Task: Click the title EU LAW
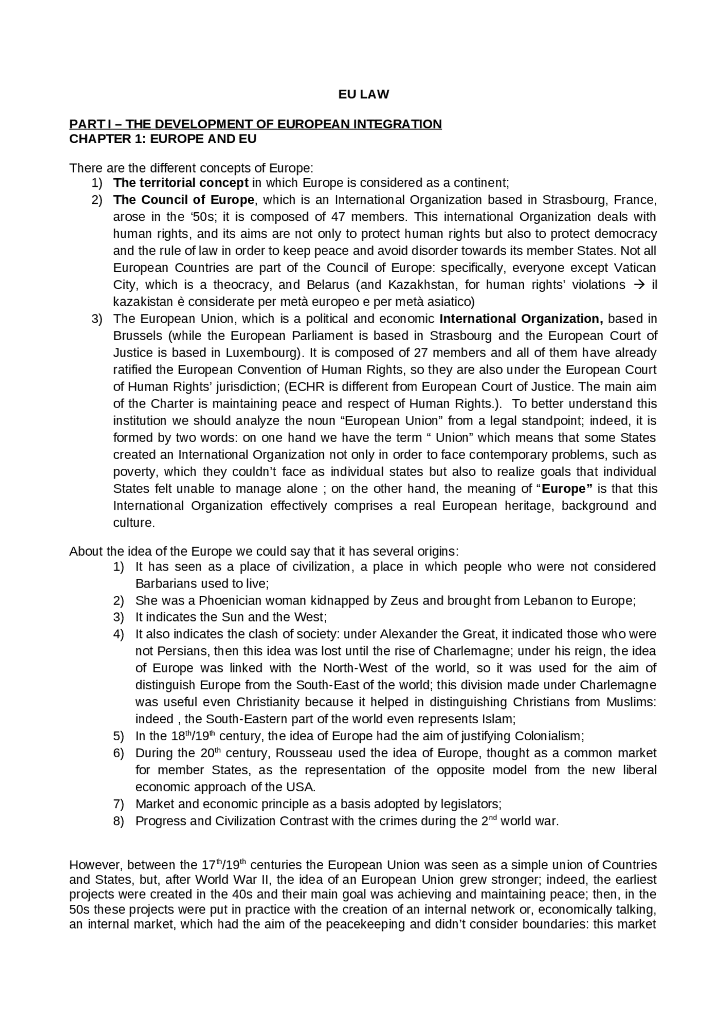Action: point(363,95)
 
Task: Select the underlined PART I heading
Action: point(255,124)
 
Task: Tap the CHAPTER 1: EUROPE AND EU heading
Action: point(162,139)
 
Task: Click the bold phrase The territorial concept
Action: point(181,183)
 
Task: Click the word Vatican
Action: point(634,268)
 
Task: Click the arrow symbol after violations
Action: point(638,285)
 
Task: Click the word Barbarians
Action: point(164,584)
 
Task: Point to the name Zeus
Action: point(404,601)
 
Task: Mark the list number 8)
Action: point(118,822)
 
